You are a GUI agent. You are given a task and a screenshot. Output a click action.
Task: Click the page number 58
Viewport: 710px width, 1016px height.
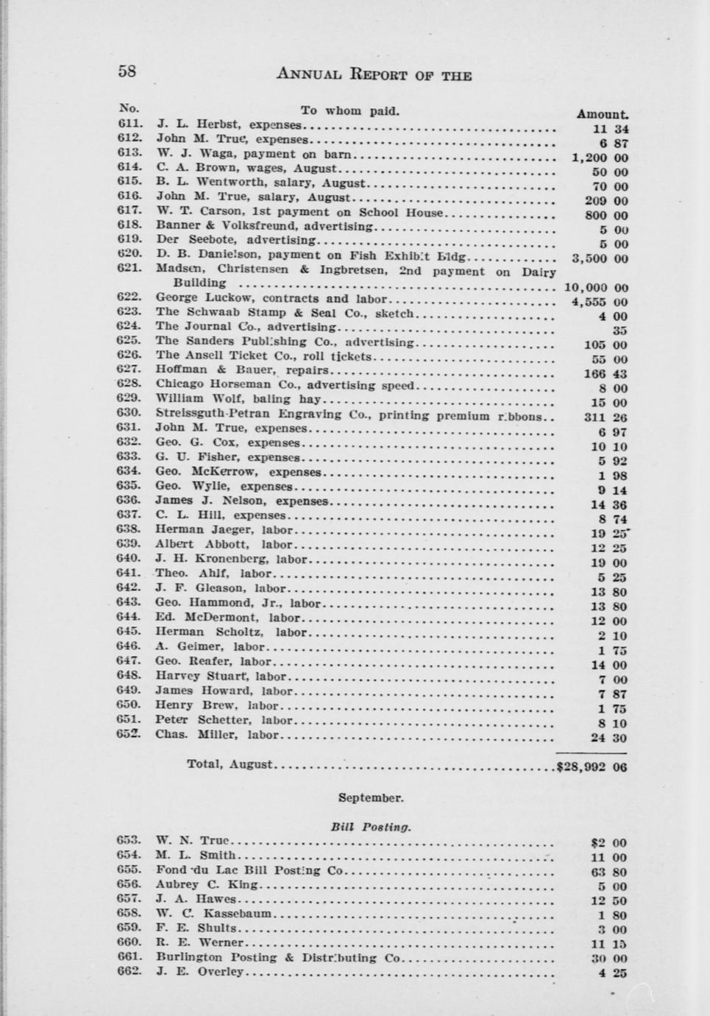coord(127,71)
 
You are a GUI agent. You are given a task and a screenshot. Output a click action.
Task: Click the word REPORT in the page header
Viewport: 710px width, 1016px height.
coord(379,74)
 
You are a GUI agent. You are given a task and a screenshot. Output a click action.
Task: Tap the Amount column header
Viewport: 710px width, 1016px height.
coord(602,114)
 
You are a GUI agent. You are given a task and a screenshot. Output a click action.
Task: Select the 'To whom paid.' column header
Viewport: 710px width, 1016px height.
coord(349,111)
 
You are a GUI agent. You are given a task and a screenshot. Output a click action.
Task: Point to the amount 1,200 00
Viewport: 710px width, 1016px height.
coord(600,158)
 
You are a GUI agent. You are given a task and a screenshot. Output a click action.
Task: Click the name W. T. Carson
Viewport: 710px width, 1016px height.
coord(188,212)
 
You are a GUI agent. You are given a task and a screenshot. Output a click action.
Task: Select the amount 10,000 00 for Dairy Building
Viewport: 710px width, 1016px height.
coord(595,288)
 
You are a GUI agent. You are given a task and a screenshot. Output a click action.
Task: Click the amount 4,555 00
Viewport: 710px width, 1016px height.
coord(599,302)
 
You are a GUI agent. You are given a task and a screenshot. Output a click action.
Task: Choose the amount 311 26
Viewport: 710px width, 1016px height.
coord(606,417)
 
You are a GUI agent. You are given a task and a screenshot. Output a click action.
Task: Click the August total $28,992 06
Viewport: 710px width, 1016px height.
coord(592,766)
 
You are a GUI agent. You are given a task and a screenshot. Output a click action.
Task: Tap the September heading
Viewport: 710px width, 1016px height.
coord(370,797)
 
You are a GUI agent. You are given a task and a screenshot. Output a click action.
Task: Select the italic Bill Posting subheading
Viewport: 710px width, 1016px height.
coord(370,827)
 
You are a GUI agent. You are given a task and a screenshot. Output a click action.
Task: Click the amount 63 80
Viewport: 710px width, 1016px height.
coord(608,872)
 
